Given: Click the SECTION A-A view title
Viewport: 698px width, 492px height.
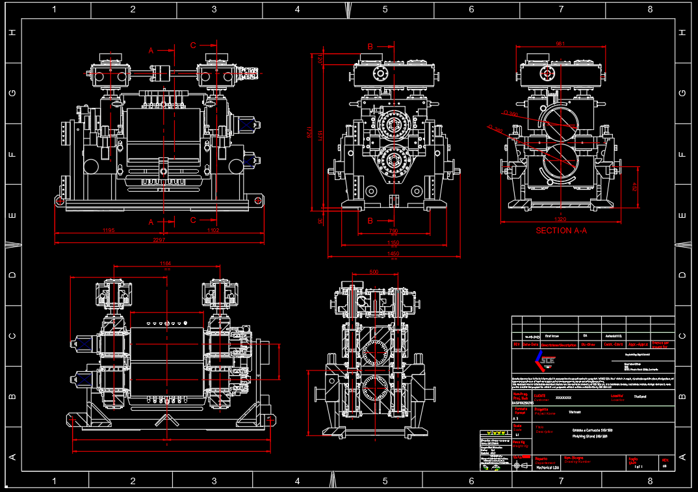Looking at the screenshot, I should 561,231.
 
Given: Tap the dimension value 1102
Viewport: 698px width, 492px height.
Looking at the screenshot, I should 213,231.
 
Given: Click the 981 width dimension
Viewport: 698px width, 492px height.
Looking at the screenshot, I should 560,44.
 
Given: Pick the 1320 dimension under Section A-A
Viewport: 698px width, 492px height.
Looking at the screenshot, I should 560,219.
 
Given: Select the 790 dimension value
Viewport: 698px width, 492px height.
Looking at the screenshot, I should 393,231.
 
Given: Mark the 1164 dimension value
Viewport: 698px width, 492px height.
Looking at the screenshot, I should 166,263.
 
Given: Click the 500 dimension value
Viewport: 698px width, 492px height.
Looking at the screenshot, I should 374,272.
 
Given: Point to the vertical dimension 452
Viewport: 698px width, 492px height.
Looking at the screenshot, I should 635,187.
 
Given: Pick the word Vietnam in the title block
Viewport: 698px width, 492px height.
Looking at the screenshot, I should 575,411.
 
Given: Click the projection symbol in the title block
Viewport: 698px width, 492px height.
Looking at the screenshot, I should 517,465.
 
